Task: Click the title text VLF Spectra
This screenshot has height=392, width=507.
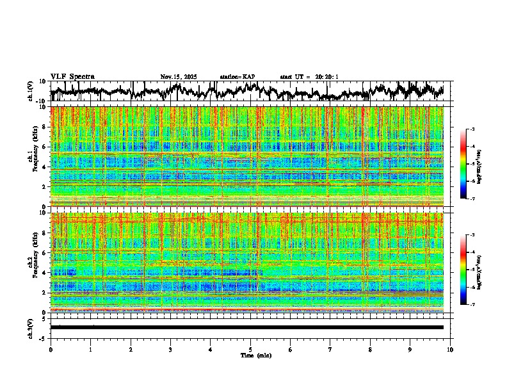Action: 72,77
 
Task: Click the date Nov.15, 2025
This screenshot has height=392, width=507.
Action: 179,77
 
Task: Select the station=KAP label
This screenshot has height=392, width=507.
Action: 237,77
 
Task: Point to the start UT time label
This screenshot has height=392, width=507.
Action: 309,77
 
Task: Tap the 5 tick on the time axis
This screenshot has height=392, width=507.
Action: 250,350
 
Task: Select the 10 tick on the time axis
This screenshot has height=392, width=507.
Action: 450,350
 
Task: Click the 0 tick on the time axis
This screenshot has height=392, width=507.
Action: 51,350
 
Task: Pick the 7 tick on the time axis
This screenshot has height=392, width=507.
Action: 330,350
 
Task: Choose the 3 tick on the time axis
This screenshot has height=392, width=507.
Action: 170,350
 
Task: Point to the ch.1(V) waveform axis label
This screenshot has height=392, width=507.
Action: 31,91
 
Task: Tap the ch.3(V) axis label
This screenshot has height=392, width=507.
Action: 31,327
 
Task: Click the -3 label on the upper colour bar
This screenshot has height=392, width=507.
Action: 472,129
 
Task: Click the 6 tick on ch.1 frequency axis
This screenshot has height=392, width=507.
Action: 45,147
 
